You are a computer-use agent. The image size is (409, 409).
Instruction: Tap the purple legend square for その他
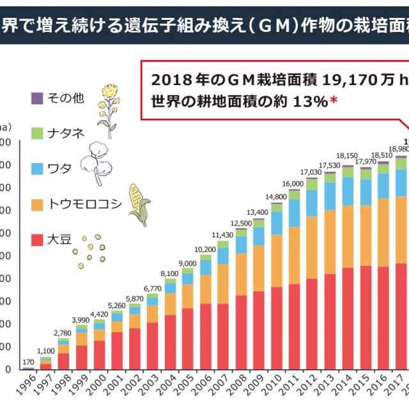[x=37, y=98]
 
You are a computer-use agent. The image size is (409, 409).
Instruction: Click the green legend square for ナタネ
[x=37, y=133]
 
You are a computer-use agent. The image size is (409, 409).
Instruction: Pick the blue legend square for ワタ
[x=37, y=168]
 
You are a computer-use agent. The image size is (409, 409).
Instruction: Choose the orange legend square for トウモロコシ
[x=37, y=204]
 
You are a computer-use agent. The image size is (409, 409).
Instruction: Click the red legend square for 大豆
[x=37, y=240]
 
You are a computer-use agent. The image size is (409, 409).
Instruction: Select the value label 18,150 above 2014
[x=348, y=155]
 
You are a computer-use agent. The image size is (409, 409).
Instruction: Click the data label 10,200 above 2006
[x=206, y=249]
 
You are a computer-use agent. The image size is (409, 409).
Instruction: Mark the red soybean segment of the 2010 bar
[x=277, y=326]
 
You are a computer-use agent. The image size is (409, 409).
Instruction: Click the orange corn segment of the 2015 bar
[x=366, y=235]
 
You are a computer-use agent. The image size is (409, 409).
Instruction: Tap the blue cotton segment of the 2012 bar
[x=312, y=203]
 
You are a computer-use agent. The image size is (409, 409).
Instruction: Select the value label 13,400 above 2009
[x=259, y=212]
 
